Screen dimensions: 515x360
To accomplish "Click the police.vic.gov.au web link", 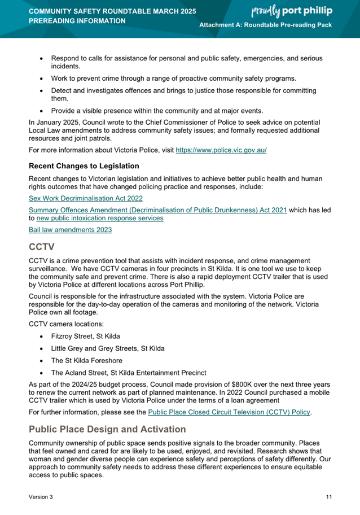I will [x=221, y=151].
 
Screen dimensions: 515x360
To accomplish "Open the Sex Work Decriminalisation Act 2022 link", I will [x=85, y=198].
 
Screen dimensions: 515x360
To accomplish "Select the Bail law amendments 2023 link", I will [x=70, y=229].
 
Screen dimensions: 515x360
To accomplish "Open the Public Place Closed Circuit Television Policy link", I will [x=229, y=412].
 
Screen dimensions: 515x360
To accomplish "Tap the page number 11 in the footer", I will [x=328, y=497].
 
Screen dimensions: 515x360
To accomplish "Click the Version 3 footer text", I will [x=41, y=497].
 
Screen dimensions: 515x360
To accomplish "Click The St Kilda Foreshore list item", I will [x=86, y=360].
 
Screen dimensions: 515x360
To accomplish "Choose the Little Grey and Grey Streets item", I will [x=108, y=348].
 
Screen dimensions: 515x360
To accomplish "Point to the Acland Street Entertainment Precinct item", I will [x=128, y=373].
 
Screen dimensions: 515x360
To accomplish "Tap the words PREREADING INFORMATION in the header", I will [x=77, y=21].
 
